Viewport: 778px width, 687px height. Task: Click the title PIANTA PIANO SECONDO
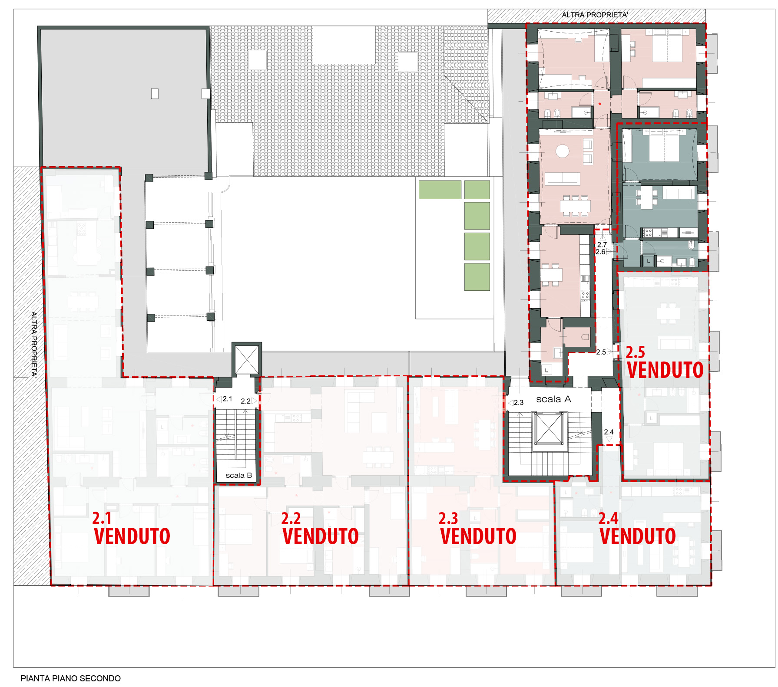(71, 678)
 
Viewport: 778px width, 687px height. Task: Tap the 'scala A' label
(553, 399)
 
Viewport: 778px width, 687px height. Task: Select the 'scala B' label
(238, 475)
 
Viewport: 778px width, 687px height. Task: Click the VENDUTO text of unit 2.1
(132, 536)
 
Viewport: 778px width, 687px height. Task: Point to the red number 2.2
(291, 518)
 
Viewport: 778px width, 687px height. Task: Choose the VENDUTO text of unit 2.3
(478, 536)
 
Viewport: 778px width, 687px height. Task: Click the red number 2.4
(608, 518)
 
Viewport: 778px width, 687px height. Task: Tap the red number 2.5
(635, 352)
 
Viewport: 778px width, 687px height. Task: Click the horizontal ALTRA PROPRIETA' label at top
(595, 15)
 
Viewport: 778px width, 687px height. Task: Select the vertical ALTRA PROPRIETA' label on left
(34, 344)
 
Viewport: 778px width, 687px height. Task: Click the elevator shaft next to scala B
(247, 359)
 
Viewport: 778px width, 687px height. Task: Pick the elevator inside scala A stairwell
(549, 429)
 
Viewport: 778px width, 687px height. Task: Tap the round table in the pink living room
(563, 151)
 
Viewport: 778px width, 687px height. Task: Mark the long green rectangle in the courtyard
(440, 190)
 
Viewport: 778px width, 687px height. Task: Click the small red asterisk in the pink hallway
(600, 104)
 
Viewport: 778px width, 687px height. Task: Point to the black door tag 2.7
(602, 245)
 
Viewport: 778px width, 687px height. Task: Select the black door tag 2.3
(519, 403)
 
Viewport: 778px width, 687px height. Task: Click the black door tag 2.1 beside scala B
(227, 399)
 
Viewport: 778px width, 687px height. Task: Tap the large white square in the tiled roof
(344, 45)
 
